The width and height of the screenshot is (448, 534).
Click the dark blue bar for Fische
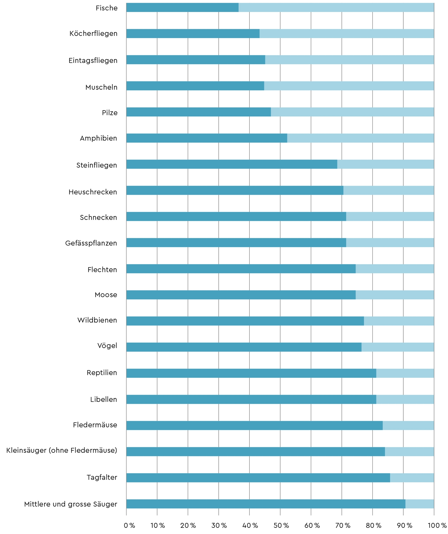182,8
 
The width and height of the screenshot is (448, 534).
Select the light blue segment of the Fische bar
336,8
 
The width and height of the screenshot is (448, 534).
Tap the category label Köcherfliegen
93,34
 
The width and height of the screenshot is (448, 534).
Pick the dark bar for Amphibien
207,138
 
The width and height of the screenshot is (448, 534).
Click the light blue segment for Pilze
352,112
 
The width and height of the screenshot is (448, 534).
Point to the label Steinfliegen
97,165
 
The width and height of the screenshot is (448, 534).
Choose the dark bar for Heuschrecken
235,190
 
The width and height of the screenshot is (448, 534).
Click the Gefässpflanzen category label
91,243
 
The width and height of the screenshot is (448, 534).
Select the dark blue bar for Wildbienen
245,321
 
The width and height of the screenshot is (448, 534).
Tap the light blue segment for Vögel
398,347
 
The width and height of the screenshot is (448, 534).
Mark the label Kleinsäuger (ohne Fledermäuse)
62,450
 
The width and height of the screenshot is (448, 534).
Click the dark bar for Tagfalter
258,478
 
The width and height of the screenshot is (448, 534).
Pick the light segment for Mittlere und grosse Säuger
419,504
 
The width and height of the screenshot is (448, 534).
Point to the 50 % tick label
281,525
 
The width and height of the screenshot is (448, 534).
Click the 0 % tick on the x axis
129,525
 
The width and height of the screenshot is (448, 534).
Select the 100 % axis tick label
437,525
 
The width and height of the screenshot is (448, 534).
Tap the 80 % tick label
374,525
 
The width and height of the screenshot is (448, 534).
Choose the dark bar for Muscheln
195,86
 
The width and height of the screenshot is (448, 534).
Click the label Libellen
103,399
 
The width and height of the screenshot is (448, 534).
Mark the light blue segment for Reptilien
405,373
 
